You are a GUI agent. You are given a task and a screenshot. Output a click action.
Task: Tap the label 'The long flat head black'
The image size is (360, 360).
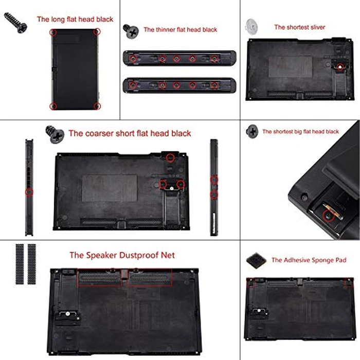pos(75,20)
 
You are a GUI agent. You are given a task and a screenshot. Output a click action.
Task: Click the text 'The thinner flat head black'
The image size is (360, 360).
pos(180,30)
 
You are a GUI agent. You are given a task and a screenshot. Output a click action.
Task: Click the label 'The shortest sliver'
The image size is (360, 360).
pos(299,27)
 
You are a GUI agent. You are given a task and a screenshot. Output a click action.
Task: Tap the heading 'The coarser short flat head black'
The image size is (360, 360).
pos(130,134)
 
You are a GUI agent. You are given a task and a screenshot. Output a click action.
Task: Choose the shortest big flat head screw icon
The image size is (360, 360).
pos(253,131)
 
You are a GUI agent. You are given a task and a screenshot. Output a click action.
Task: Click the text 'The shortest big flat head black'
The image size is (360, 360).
pos(301,132)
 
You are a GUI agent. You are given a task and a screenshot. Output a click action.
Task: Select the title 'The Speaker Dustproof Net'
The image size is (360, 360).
pos(122,255)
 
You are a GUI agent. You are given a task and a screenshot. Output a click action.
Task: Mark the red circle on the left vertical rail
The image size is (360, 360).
pos(29,192)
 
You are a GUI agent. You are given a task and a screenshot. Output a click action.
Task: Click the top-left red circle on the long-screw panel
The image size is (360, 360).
pos(53,32)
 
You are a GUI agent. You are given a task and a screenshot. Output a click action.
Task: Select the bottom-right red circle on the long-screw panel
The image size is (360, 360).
pos(97,106)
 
